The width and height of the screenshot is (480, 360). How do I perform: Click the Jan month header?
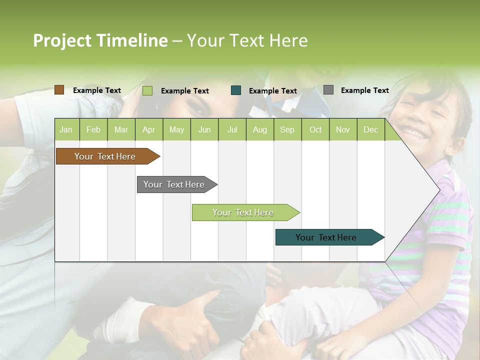pos(66,129)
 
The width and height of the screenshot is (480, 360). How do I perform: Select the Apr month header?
pos(148,129)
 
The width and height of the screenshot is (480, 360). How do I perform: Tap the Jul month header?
pos(232,129)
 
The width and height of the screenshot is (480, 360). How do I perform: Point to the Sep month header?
pos(287,129)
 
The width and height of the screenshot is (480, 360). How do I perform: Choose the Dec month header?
pos(370,129)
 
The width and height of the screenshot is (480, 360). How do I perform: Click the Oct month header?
pos(315,129)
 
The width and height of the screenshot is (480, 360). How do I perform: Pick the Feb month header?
pos(93,129)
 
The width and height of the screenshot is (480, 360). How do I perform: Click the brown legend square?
pos(59,90)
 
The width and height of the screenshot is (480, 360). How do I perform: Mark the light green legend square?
pos(147,90)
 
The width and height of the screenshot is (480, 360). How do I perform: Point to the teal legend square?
pos(236,90)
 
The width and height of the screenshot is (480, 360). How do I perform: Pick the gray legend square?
pos(328,90)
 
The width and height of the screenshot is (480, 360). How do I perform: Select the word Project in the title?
pos(62,40)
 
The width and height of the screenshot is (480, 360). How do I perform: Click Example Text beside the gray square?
pos(364,90)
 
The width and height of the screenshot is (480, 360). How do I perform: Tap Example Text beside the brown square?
pos(97,90)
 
